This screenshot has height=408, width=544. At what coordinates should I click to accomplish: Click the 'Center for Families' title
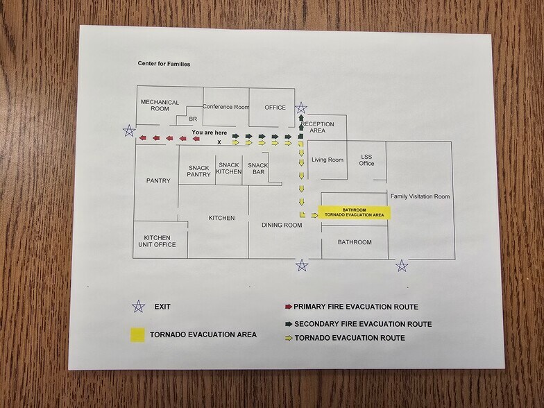[164, 64]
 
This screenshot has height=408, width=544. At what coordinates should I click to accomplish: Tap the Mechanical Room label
[160, 105]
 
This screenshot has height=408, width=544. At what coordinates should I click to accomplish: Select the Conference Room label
[226, 107]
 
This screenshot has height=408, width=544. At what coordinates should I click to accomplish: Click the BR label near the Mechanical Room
[193, 119]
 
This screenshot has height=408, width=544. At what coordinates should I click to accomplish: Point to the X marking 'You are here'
[219, 142]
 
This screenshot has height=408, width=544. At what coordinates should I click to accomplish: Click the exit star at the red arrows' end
[129, 130]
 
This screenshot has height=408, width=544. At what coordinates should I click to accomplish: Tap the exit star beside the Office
[301, 108]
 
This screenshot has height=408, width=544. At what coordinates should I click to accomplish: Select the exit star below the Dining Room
[302, 265]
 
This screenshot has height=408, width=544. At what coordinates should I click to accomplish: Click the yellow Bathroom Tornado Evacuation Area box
[354, 212]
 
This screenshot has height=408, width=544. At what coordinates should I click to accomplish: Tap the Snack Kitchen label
[229, 168]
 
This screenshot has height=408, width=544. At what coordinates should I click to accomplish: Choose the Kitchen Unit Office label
[157, 241]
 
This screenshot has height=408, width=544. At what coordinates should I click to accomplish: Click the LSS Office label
[366, 160]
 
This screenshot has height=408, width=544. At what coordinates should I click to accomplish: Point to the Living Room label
[328, 160]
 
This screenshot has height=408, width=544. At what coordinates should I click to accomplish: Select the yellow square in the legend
[137, 334]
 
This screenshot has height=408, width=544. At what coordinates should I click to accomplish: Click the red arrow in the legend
[289, 307]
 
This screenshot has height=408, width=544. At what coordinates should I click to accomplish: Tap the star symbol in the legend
[139, 307]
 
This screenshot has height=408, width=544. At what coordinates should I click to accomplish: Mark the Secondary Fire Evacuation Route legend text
[363, 324]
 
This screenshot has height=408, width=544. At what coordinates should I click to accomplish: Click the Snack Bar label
[258, 168]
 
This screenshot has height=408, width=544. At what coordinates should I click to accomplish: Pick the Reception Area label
[318, 127]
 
